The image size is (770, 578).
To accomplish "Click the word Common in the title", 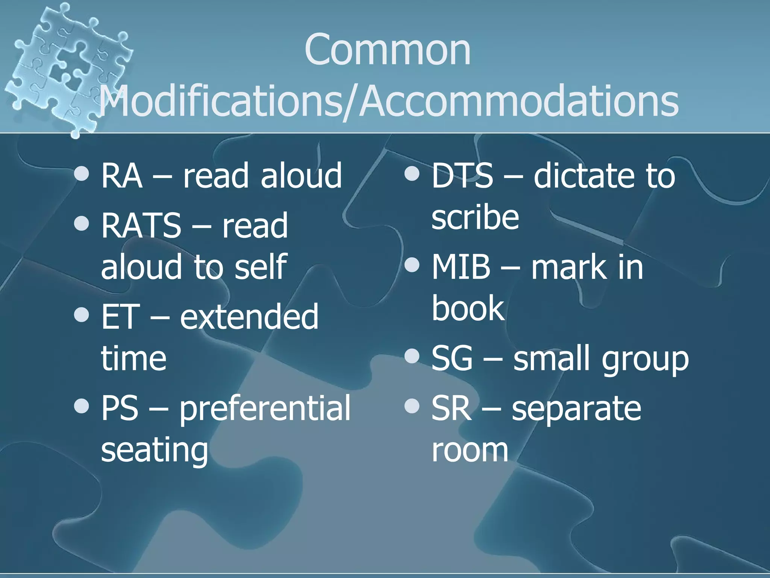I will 387,50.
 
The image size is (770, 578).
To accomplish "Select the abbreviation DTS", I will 462,175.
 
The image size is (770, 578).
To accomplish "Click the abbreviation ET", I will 120,317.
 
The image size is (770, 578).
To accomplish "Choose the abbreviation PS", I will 120,408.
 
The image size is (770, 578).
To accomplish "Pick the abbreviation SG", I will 452,358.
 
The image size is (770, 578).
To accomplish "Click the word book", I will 468,309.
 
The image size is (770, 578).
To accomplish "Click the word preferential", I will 265,409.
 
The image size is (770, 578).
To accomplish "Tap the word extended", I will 249,317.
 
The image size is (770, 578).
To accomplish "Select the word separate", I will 576,409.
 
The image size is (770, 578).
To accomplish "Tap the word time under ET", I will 134,358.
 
